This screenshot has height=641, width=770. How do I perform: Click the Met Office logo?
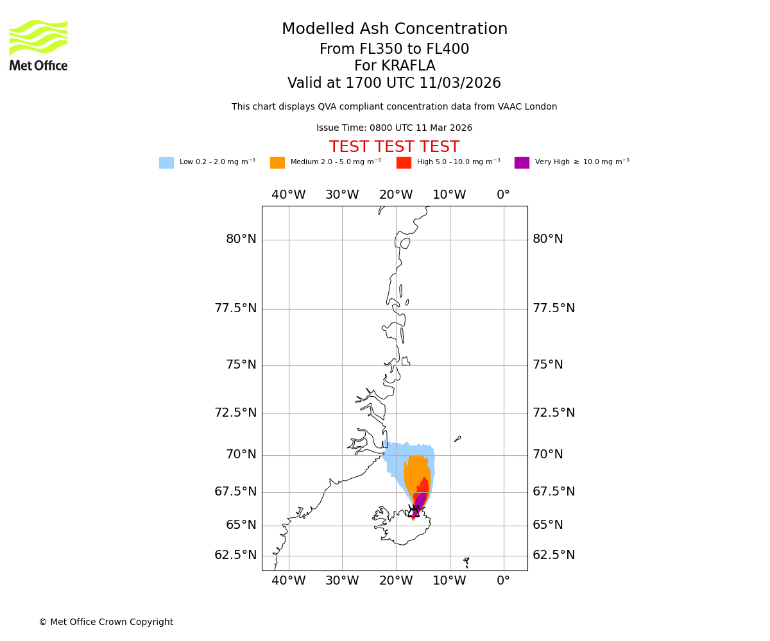coord(38,45)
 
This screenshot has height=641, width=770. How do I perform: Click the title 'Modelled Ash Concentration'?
coord(395,29)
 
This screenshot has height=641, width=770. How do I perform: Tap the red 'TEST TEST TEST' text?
coord(395,147)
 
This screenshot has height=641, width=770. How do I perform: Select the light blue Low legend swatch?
coord(166,163)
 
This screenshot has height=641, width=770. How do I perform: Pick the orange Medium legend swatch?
coord(277,163)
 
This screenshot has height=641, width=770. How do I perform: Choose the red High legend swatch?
coord(404,163)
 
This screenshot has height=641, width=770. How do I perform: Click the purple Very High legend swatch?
coord(522,163)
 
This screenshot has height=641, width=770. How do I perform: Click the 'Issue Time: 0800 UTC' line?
coord(395,128)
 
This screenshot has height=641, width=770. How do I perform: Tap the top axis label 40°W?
coord(289,195)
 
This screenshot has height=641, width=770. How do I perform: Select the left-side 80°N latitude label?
coord(241,239)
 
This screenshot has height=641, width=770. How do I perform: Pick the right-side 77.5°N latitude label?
coord(554,308)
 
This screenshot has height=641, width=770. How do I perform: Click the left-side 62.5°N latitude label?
coord(235,555)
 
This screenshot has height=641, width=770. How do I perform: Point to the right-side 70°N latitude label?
coord(548,454)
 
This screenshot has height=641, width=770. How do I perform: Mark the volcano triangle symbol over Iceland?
coord(414,512)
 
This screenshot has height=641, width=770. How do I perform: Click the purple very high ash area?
coord(420,501)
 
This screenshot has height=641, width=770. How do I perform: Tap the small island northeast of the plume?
coord(458,439)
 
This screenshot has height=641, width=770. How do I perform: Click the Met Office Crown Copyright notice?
coord(106,622)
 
